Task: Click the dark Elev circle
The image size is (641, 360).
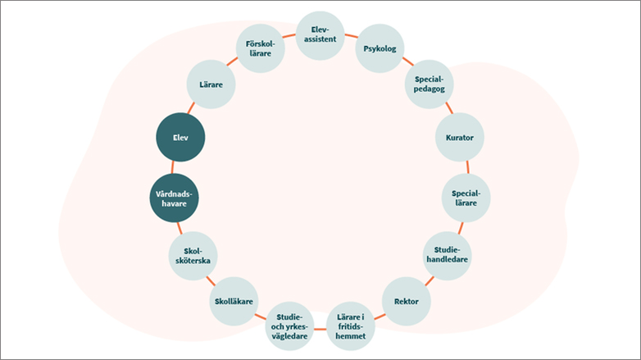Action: (180, 138)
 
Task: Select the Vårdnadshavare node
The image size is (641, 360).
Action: (174, 198)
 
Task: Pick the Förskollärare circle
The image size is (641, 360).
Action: (260, 48)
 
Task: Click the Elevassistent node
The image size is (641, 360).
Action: (320, 34)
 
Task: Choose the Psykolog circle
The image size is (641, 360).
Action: (379, 48)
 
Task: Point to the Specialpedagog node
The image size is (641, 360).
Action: (430, 84)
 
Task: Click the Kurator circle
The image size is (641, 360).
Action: (460, 138)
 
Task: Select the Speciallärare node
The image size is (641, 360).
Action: (466, 198)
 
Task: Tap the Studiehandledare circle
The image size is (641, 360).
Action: (446, 254)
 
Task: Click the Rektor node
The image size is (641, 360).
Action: (406, 301)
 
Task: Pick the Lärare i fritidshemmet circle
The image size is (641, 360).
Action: (351, 326)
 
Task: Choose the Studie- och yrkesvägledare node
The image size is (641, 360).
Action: (290, 326)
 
